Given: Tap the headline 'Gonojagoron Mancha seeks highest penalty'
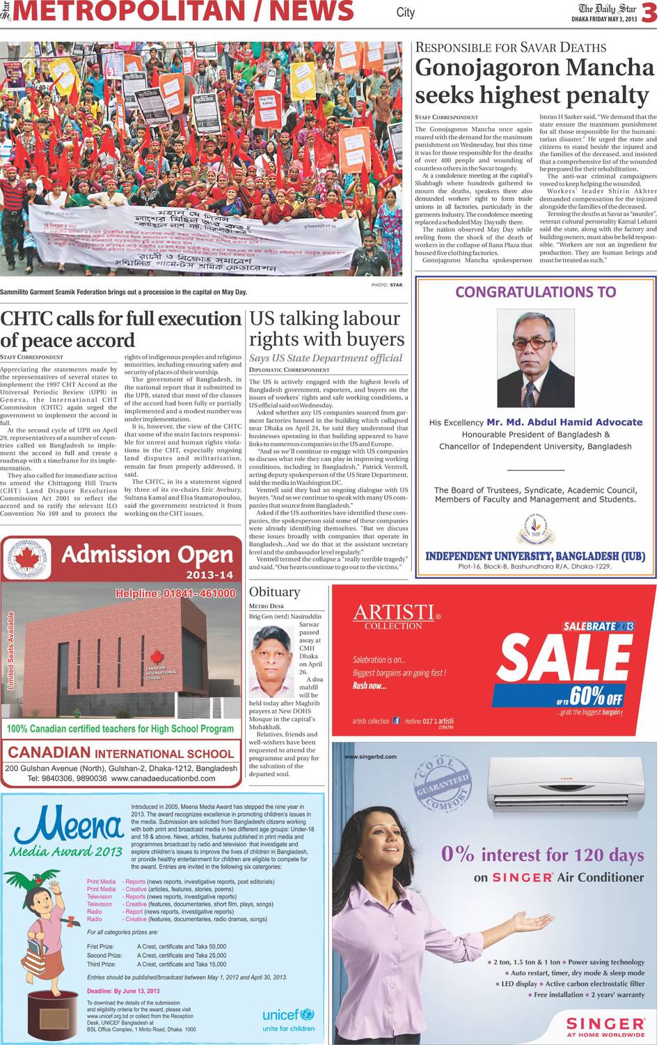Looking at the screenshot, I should [534, 81].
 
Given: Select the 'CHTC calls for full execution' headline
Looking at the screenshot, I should [120, 329].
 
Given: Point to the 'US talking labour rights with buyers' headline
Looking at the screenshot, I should [326, 328].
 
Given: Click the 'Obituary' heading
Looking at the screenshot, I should [274, 591].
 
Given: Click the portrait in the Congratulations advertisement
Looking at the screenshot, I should [535, 358].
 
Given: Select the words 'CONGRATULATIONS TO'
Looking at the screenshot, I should [535, 292].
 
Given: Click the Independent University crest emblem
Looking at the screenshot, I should [535, 530].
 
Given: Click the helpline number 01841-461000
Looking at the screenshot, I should [175, 594].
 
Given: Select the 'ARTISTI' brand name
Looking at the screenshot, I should [394, 612].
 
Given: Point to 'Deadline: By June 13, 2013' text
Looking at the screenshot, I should [123, 991].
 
